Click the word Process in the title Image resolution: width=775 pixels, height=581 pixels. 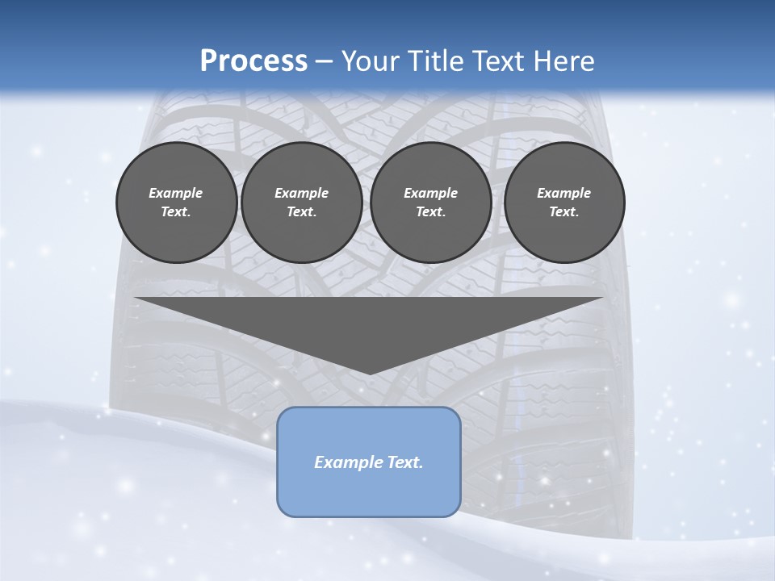tap(253, 61)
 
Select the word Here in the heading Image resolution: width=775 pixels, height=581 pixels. tap(564, 61)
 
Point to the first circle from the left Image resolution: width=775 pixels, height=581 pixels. tap(177, 203)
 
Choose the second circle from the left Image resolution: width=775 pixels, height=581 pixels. tap(301, 203)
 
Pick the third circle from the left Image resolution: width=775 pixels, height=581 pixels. tap(430, 203)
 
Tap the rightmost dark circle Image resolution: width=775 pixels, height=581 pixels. tap(564, 203)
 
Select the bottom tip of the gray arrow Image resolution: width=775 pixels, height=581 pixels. tap(370, 373)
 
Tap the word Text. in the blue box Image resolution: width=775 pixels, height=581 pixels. tap(406, 462)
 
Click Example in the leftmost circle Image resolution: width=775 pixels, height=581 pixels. tap(176, 193)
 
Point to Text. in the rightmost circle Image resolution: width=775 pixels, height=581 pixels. tap(564, 212)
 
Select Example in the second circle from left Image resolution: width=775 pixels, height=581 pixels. tap(301, 193)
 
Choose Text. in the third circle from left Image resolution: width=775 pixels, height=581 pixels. tap(430, 212)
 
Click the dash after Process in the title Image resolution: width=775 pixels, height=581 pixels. tap(325, 62)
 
